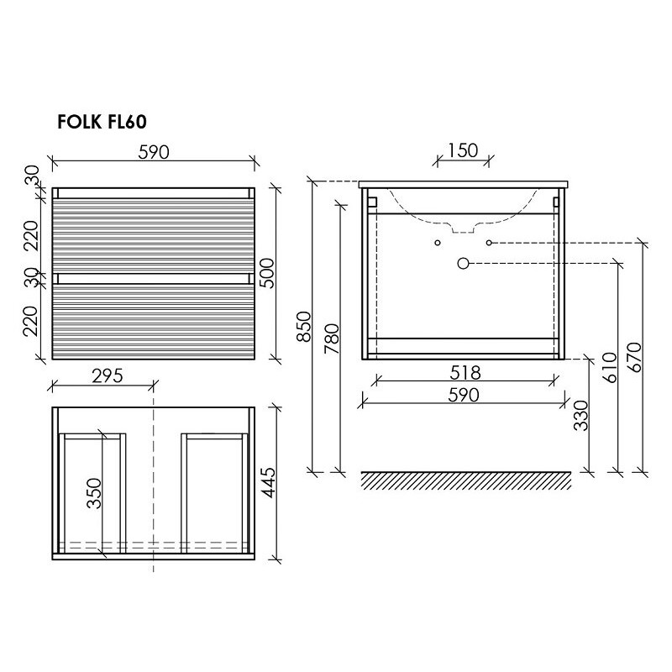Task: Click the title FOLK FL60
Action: pos(102,122)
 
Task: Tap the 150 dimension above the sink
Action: pos(463,150)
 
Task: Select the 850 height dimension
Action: pos(303,327)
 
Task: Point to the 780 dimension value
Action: pos(332,339)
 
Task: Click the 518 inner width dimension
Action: pos(465,373)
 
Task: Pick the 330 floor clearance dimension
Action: pos(581,416)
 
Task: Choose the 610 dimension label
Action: pos(610,367)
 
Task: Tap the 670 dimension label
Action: pos(635,358)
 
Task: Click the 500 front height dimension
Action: pos(266,273)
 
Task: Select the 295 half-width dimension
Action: pos(108,375)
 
